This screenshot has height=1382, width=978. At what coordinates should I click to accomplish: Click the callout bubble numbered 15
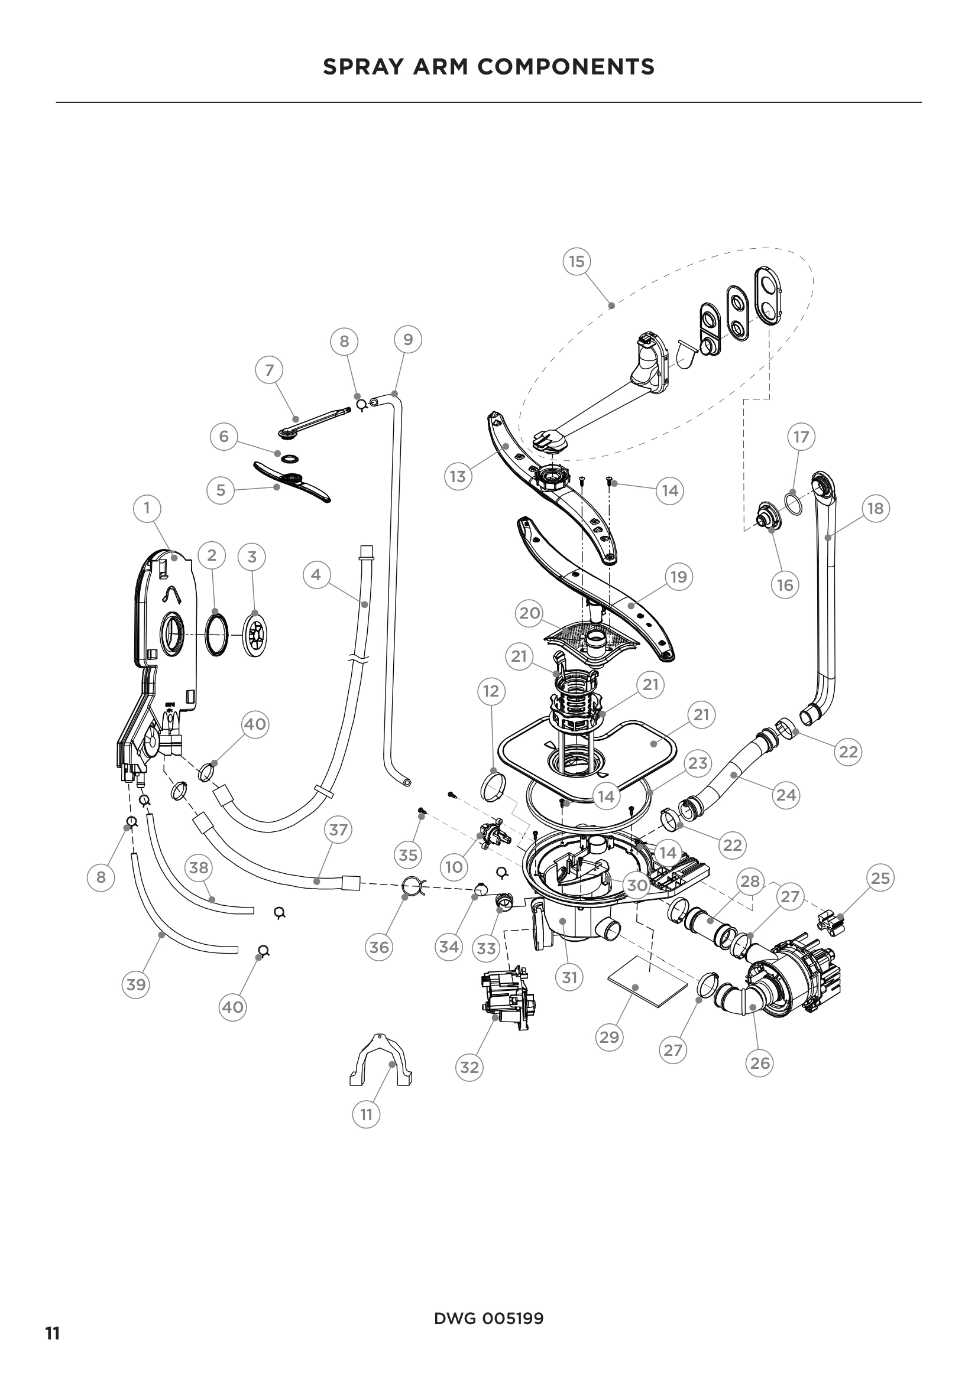577,261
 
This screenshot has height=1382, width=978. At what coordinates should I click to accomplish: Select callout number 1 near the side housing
146,508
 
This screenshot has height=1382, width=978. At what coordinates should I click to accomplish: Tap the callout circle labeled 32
469,1067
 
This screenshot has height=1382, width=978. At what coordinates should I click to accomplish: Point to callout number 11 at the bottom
366,1114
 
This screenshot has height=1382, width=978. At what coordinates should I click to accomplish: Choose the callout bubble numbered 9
408,340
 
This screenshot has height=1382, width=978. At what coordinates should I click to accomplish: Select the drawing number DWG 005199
488,1318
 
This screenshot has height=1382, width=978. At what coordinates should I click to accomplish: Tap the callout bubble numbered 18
875,508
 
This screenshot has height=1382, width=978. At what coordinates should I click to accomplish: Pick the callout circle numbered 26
759,1063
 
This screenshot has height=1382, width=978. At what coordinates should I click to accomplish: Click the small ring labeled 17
794,503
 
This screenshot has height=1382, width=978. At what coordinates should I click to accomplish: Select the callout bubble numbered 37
338,830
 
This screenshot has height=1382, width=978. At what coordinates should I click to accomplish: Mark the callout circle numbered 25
880,878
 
